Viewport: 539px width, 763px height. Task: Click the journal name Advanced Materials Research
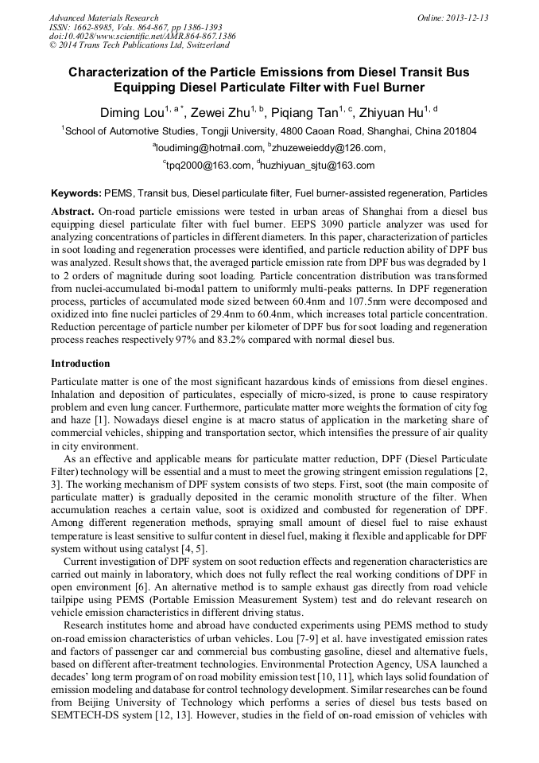coord(103,18)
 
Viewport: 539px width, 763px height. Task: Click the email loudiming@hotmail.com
coord(209,148)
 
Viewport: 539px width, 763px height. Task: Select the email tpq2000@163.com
coord(208,165)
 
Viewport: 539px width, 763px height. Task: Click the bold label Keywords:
coord(76,193)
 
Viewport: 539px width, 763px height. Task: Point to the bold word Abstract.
coord(72,212)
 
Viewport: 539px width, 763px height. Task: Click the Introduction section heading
coord(80,363)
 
